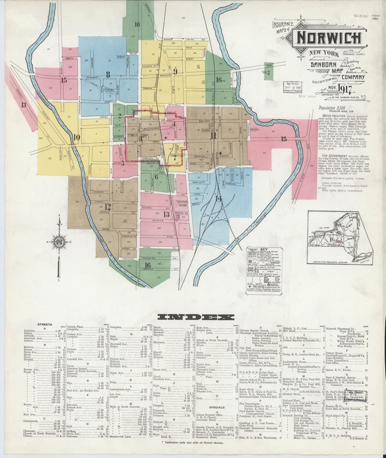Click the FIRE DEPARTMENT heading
click(x=334, y=156)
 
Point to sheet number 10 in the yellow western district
click(x=77, y=137)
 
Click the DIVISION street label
click(x=158, y=221)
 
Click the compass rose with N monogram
click(x=60, y=242)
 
